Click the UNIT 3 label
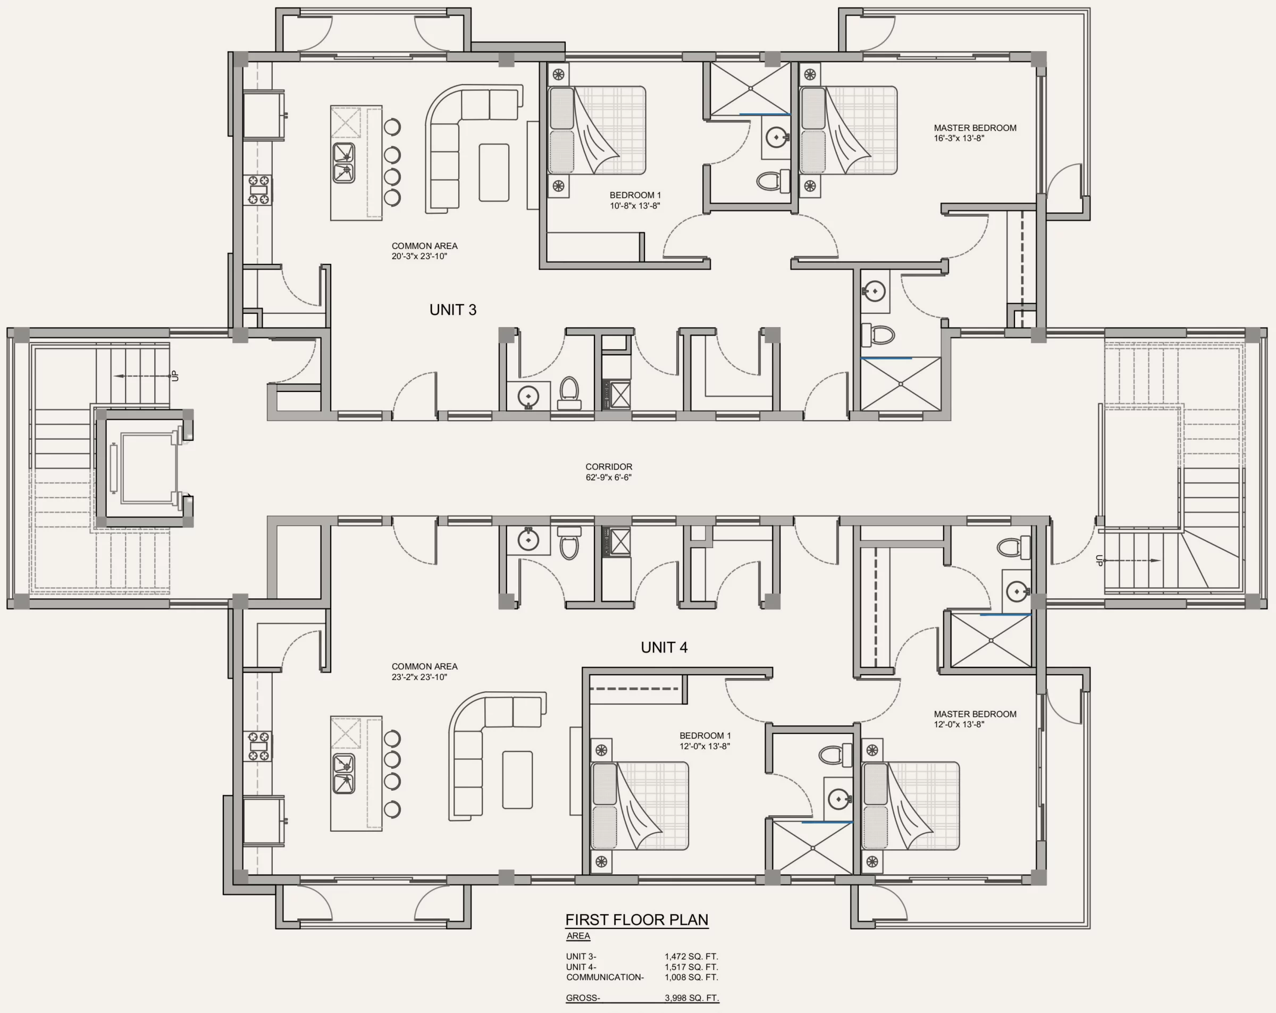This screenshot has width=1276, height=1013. point(453,309)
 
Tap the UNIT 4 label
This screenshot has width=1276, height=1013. point(664,647)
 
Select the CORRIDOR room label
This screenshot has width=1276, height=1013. point(609,466)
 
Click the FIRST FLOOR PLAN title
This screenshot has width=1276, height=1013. point(637,919)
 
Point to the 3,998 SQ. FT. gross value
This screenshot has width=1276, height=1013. point(691,998)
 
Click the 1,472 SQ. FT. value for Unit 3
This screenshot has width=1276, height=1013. point(691,956)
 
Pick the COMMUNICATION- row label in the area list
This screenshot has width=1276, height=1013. point(605,977)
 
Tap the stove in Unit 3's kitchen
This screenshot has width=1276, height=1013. point(258,189)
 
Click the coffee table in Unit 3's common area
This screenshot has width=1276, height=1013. point(494,172)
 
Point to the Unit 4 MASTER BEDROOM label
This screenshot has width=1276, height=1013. point(975,714)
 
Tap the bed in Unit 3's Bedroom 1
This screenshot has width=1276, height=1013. point(597,131)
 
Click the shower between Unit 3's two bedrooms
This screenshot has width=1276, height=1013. point(751,89)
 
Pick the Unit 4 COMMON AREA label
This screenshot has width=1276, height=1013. point(424,666)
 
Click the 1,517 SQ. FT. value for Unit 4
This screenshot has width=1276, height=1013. point(691,967)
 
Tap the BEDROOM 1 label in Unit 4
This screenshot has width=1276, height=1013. point(705,735)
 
